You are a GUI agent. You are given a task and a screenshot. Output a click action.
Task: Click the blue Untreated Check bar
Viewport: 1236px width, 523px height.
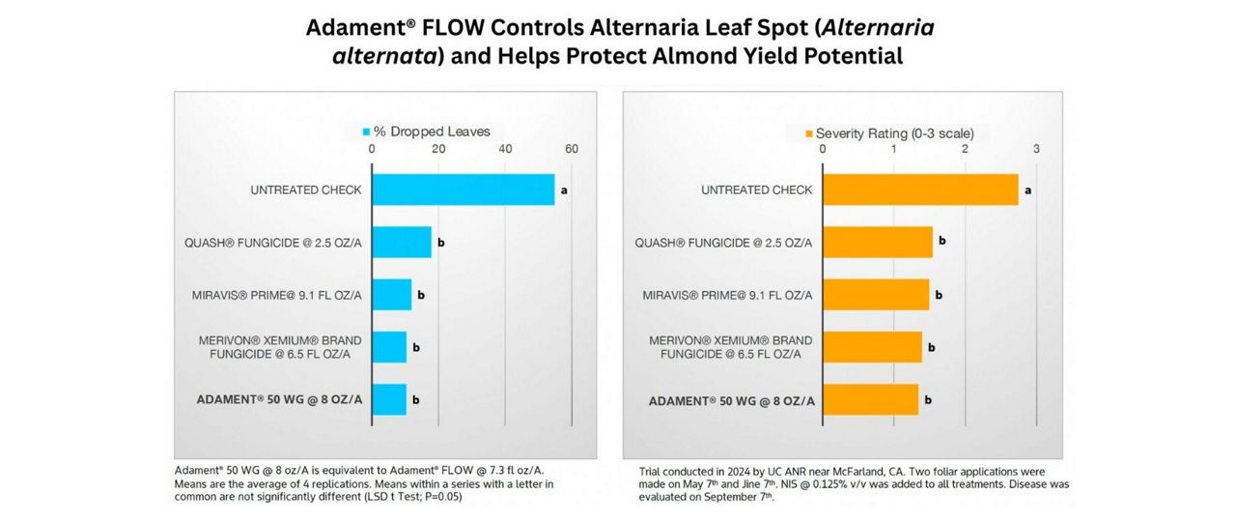[x=463, y=189]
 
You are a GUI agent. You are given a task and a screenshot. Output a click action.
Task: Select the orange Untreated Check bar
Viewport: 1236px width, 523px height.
[x=919, y=189]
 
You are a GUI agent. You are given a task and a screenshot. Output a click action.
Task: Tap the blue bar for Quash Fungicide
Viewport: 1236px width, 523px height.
[x=401, y=242]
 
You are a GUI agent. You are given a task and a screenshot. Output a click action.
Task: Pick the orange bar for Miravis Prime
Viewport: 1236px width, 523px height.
[x=875, y=294]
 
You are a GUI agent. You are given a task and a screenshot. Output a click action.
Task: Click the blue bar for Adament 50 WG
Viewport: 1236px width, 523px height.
[x=388, y=398]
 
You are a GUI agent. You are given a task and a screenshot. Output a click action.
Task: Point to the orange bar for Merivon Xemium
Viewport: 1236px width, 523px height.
[x=871, y=346]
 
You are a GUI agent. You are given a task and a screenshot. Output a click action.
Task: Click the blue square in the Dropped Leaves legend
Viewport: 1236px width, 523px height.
[x=366, y=131]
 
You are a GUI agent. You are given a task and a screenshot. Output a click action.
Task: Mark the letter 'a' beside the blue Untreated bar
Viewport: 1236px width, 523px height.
[x=563, y=190]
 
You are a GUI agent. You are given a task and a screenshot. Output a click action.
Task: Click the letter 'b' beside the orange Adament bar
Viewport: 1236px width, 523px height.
[x=927, y=398]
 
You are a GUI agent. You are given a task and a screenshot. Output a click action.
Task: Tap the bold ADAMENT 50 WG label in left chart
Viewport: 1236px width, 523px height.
[x=280, y=398]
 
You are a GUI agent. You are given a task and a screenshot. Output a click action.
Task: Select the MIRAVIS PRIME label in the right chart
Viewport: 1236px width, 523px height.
[x=727, y=294]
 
